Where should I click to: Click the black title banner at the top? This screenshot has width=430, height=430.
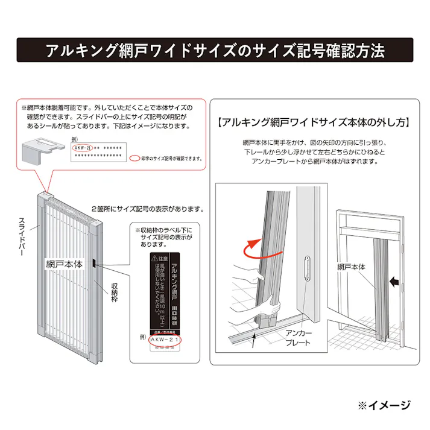coord(215,50)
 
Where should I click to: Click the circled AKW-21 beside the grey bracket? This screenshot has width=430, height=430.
coord(81,147)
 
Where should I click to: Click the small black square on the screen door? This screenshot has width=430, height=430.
coord(95,262)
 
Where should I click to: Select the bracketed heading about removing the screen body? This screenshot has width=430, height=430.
coord(314,122)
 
